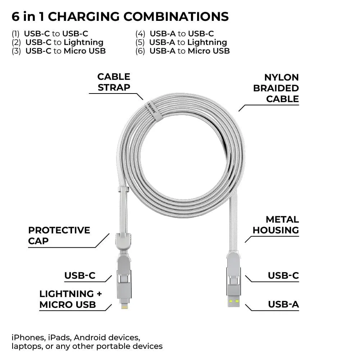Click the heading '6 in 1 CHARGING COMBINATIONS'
(120, 17)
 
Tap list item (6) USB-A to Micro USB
(183, 51)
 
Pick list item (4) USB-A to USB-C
(174, 33)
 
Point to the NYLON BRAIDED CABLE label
(276, 88)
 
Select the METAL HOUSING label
(276, 225)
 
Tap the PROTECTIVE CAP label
(59, 236)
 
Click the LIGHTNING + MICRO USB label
(70, 299)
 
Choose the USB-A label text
(283, 304)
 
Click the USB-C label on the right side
(283, 275)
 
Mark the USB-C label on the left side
(80, 275)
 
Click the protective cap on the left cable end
(123, 242)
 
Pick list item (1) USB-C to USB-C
(50, 33)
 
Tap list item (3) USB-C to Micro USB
(59, 51)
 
